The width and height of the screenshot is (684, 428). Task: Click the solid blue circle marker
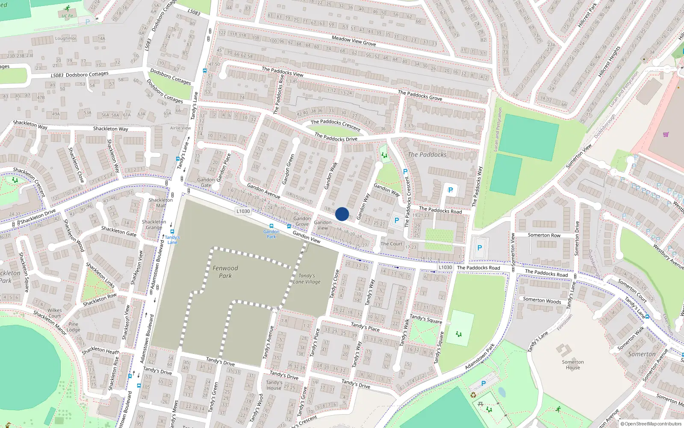pos(342,214)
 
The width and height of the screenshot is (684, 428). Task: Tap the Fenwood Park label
pos(225,272)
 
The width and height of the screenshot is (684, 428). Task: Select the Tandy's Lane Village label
pos(307,279)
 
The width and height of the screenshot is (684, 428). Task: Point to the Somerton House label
pos(573,365)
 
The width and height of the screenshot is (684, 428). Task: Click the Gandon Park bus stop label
pos(271,234)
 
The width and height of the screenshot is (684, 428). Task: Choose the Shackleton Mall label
pos(161,202)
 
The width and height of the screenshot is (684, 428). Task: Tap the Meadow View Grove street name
pos(354,41)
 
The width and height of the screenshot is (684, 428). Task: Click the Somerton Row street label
pos(544,235)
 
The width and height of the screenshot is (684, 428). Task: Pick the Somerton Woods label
pos(542,300)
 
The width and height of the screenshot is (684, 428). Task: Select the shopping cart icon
pos(666,134)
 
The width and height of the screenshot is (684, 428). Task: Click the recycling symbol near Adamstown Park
pos(473,395)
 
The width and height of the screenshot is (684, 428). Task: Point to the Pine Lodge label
pos(74,327)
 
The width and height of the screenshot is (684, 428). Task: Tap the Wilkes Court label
pos(54,313)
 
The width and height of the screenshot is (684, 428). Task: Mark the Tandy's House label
pos(274,385)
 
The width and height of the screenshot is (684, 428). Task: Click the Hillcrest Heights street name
pos(609,62)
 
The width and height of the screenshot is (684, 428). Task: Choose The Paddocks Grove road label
pos(420,95)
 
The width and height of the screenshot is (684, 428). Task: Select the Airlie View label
pos(180,128)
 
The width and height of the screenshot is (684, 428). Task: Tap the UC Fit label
pos(67,16)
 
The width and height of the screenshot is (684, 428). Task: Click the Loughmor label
pos(65,39)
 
